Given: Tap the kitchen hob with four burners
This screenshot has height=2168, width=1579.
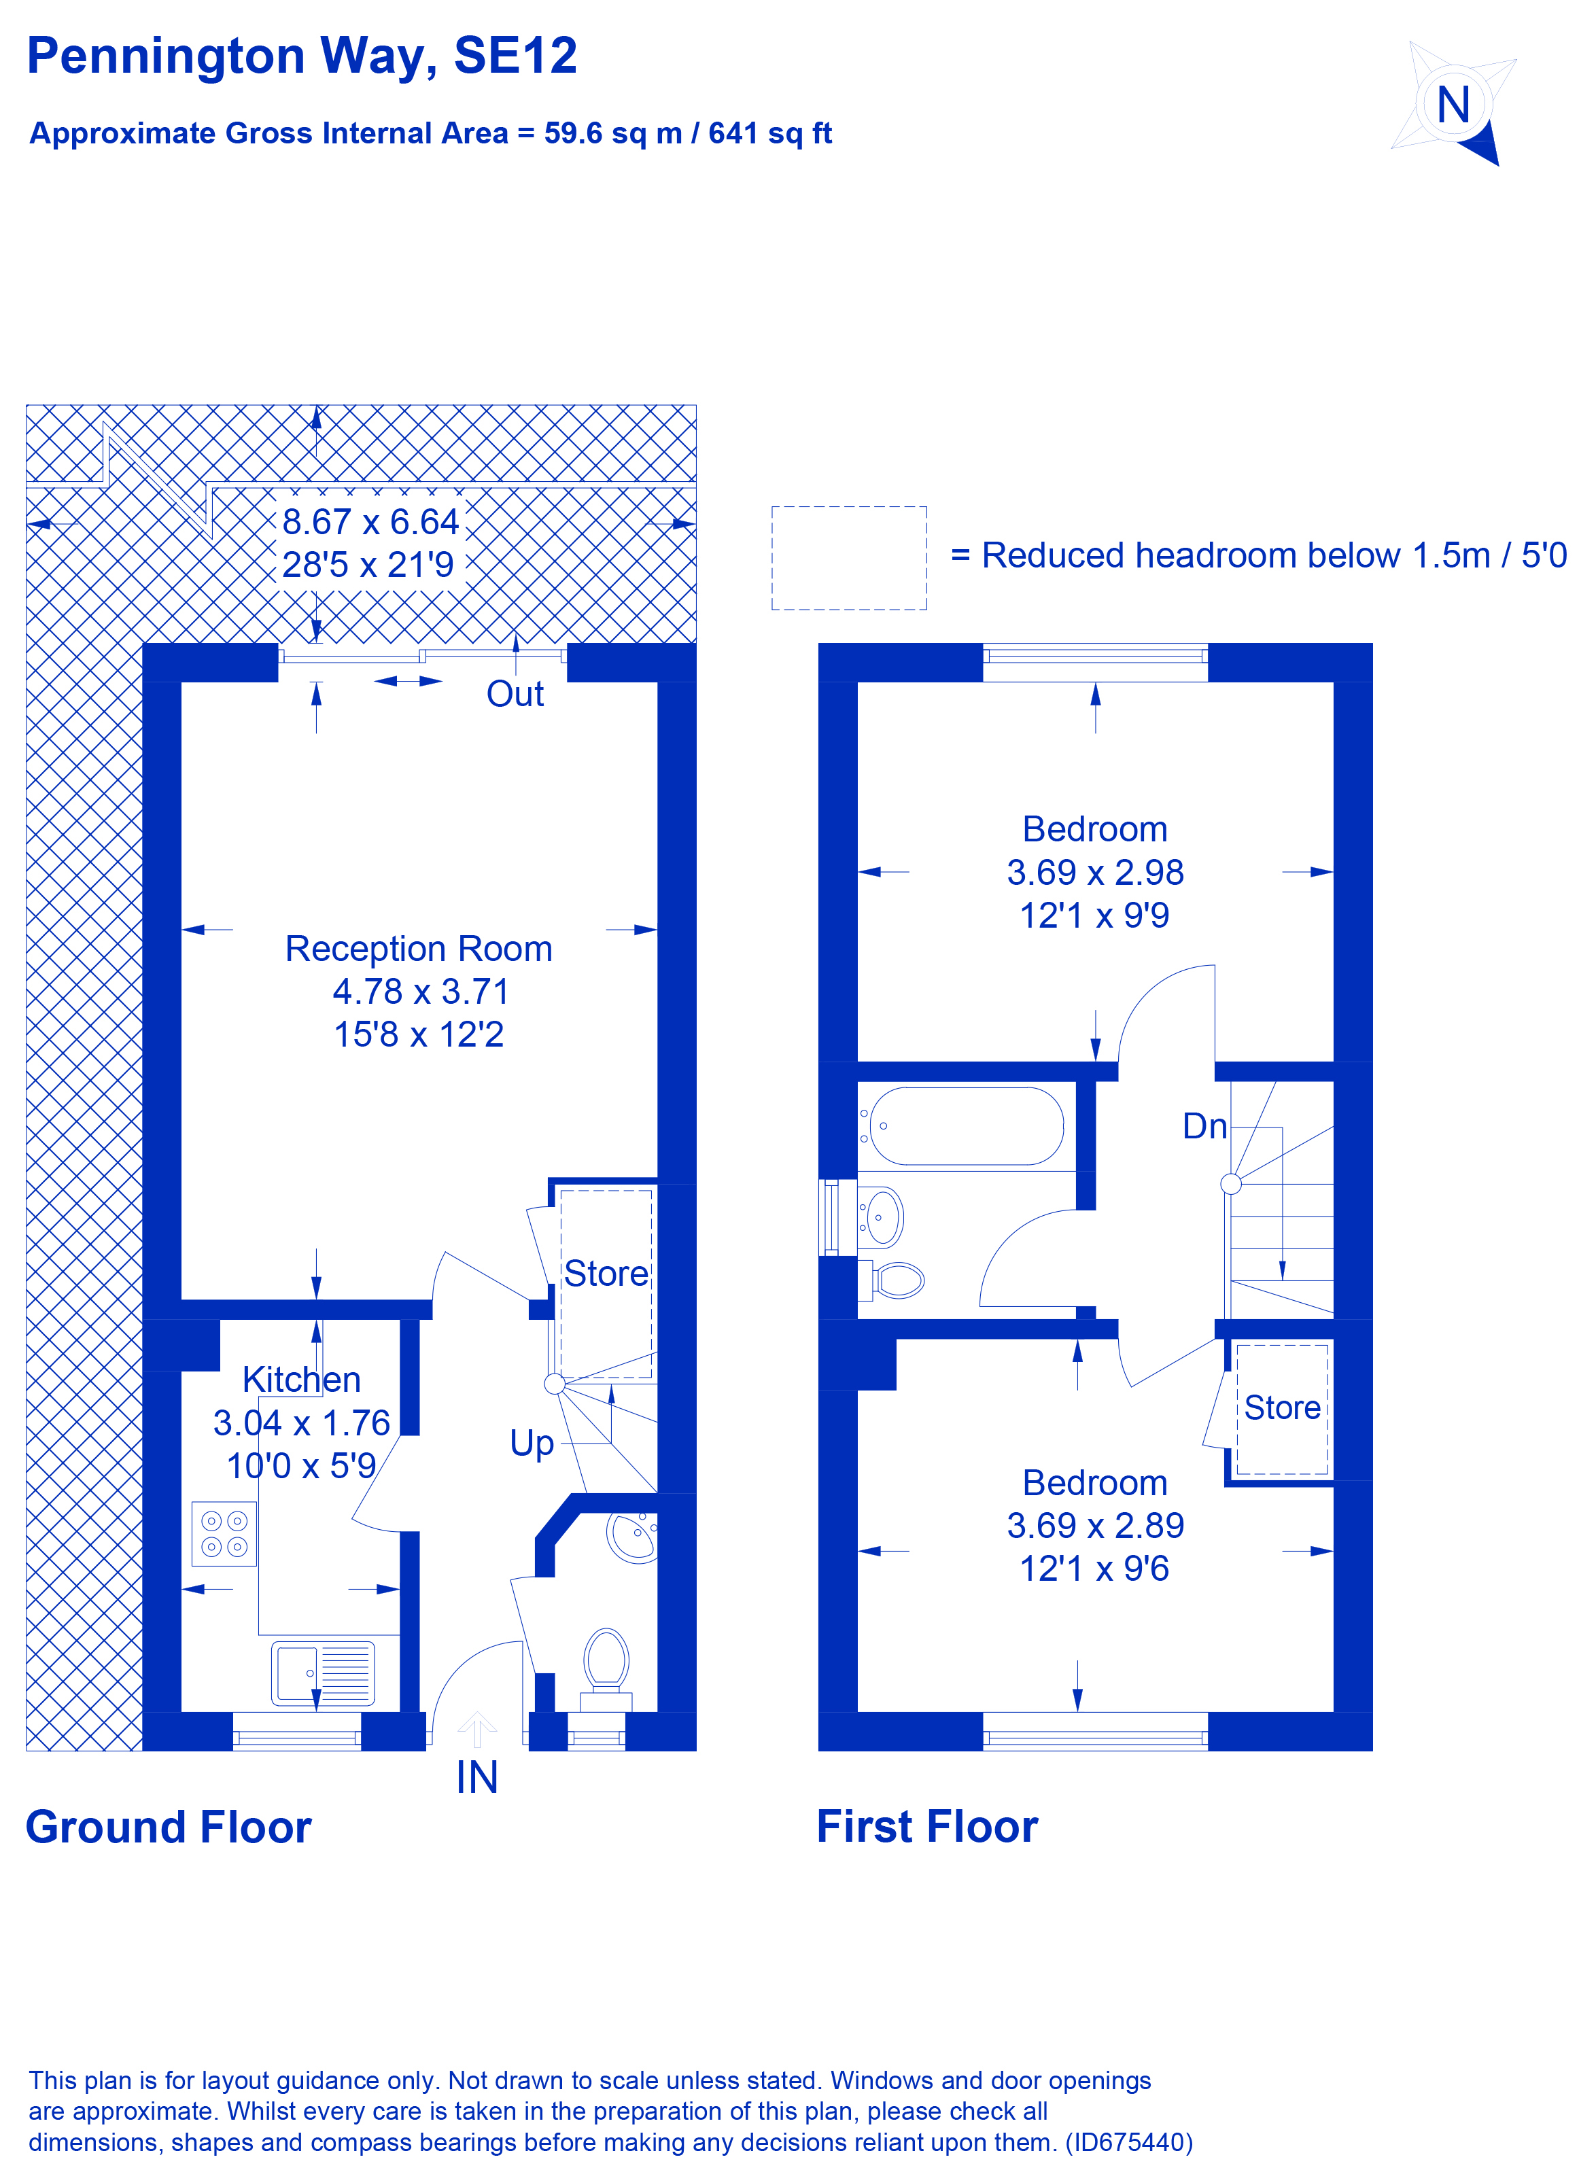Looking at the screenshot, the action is (x=224, y=1533).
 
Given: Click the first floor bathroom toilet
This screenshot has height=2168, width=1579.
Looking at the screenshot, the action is (x=897, y=1280).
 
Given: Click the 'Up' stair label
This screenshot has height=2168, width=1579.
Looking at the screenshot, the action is (x=532, y=1442).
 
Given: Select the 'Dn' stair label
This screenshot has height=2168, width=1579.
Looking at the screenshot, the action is (x=1204, y=1126).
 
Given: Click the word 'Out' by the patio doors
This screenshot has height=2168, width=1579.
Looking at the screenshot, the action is (x=515, y=694).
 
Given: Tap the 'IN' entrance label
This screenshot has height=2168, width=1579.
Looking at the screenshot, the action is (x=477, y=1778).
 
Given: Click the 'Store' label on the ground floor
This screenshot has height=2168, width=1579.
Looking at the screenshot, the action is (x=606, y=1273).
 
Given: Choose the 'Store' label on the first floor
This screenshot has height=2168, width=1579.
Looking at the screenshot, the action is (x=1282, y=1407).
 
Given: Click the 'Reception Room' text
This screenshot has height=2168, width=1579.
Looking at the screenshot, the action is (x=419, y=948).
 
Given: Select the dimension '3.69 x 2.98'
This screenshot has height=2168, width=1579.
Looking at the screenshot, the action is (x=1095, y=872).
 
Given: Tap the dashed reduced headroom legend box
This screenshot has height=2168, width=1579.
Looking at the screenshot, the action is (x=849, y=558).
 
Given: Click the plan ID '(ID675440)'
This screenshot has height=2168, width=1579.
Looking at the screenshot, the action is (x=1129, y=2142).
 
